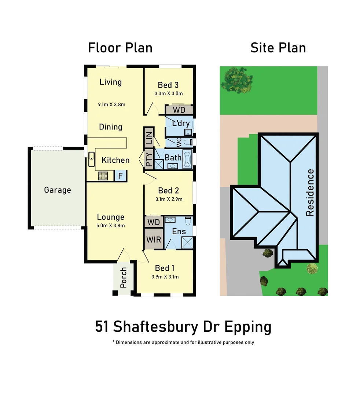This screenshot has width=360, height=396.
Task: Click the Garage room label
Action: [57, 190]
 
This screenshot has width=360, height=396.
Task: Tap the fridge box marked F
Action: [120, 176]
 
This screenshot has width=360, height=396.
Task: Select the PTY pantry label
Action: [149, 160]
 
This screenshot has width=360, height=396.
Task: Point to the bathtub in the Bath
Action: [187, 160]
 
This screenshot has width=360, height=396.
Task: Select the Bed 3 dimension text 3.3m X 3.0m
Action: [169, 93]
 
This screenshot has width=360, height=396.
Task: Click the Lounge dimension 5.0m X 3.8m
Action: [110, 225]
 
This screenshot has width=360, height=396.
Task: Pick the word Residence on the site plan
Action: [310, 192]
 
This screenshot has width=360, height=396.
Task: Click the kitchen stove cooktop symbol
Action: [103, 176]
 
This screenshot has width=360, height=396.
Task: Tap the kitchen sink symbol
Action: [91, 159]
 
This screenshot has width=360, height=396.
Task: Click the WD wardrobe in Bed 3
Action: [179, 110]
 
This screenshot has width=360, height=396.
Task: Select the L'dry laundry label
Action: [181, 123]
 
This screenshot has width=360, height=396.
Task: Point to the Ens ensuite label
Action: [179, 231]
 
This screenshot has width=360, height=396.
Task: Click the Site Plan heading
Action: [278, 48]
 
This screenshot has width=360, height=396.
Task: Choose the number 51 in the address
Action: [103, 326]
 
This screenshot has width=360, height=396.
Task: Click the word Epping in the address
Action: [247, 327]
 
